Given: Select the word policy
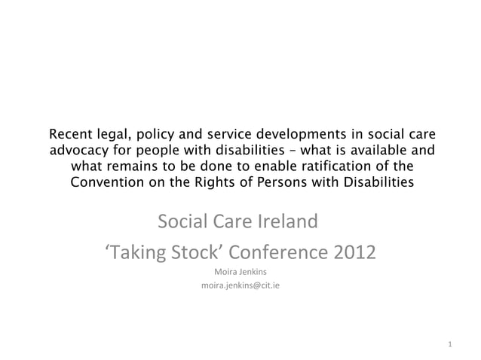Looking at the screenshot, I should click(155, 135).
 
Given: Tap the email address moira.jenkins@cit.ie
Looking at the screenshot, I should click(240, 286).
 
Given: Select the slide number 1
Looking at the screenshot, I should click(449, 345).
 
